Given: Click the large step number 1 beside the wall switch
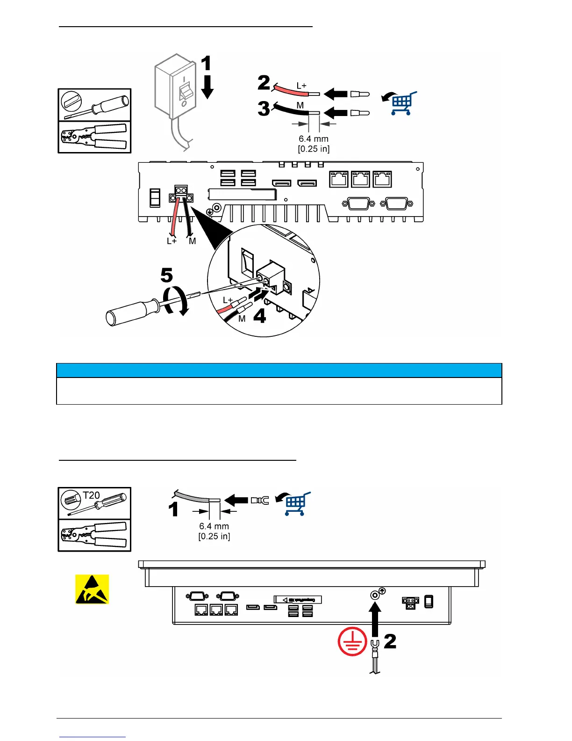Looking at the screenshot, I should pos(206,64).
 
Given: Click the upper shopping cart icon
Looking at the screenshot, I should pos(401,103).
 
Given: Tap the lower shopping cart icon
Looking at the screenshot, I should pos(295,504).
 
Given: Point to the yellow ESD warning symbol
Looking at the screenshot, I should pos(93,589).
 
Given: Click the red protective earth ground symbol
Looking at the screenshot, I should pos(352,641).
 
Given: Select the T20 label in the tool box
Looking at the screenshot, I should pos(92,495).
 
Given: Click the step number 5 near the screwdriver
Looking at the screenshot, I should pos(166,275).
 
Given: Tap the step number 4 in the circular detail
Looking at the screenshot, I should pos(259,316).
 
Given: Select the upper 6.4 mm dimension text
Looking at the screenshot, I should pos(314,139).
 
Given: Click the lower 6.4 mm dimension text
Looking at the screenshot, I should pos(214,526).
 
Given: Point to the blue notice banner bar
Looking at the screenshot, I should pos(279,370).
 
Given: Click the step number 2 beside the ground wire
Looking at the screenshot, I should pos(390,641).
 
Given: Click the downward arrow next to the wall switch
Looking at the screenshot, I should pos(207,87).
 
